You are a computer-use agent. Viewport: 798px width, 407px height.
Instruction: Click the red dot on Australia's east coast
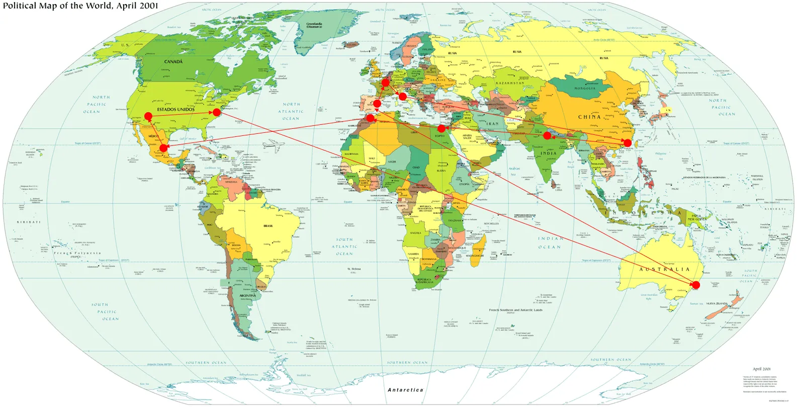696,285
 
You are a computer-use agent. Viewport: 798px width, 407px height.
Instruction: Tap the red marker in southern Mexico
163,148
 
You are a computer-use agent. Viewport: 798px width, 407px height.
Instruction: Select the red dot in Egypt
441,129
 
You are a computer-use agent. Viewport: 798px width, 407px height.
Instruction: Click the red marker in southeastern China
628,143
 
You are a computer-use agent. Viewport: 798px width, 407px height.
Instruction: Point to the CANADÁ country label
173,62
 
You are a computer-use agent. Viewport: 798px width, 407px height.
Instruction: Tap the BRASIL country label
268,226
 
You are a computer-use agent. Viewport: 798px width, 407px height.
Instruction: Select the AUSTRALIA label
664,270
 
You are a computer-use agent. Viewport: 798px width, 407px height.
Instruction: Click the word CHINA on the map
589,117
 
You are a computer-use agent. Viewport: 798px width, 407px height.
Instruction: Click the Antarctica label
405,390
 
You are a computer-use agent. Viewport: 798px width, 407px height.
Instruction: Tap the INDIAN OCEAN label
549,243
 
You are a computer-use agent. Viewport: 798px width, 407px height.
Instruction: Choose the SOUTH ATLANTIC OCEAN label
344,247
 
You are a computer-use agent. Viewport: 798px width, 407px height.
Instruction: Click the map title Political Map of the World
80,6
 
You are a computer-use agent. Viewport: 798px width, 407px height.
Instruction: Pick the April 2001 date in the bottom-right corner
762,369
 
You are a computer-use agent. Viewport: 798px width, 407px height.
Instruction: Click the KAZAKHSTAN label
510,83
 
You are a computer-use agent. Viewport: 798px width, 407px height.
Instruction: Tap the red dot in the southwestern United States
148,116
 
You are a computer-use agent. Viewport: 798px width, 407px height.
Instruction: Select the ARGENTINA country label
247,296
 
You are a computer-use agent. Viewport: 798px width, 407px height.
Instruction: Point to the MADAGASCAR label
474,256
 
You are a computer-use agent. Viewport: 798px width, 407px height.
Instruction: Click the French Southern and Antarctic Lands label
516,310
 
